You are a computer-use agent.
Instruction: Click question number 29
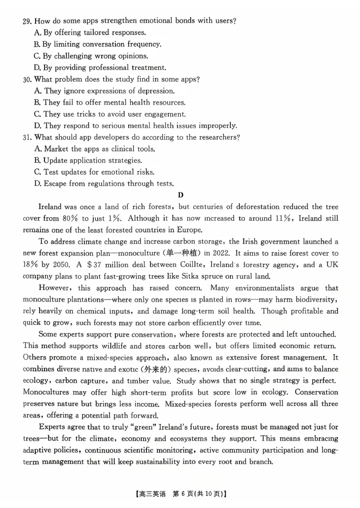27,21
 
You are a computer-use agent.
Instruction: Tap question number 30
27,79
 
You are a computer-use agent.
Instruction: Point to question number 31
27,137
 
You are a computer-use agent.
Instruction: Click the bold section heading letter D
180,195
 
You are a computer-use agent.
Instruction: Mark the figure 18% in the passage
31,265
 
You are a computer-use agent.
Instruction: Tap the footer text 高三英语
153,494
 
